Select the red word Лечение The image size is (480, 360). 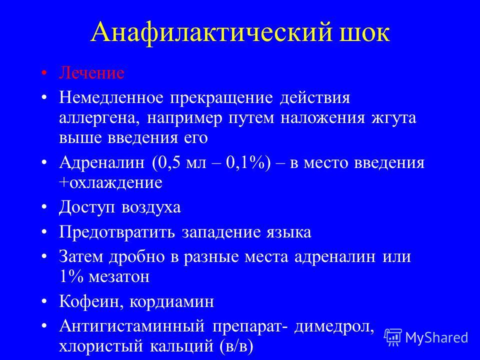(x=91, y=73)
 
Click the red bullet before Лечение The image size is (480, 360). (x=44, y=73)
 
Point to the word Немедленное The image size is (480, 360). (x=111, y=97)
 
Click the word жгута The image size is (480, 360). (x=394, y=118)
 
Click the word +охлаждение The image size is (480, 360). (x=110, y=183)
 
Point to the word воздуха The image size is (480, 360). (x=151, y=207)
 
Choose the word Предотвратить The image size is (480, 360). (x=117, y=232)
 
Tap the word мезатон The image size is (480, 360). (x=119, y=277)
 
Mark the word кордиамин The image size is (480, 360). (x=171, y=302)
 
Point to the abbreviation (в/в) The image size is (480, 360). (x=236, y=346)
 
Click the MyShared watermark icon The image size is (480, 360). (x=393, y=337)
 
